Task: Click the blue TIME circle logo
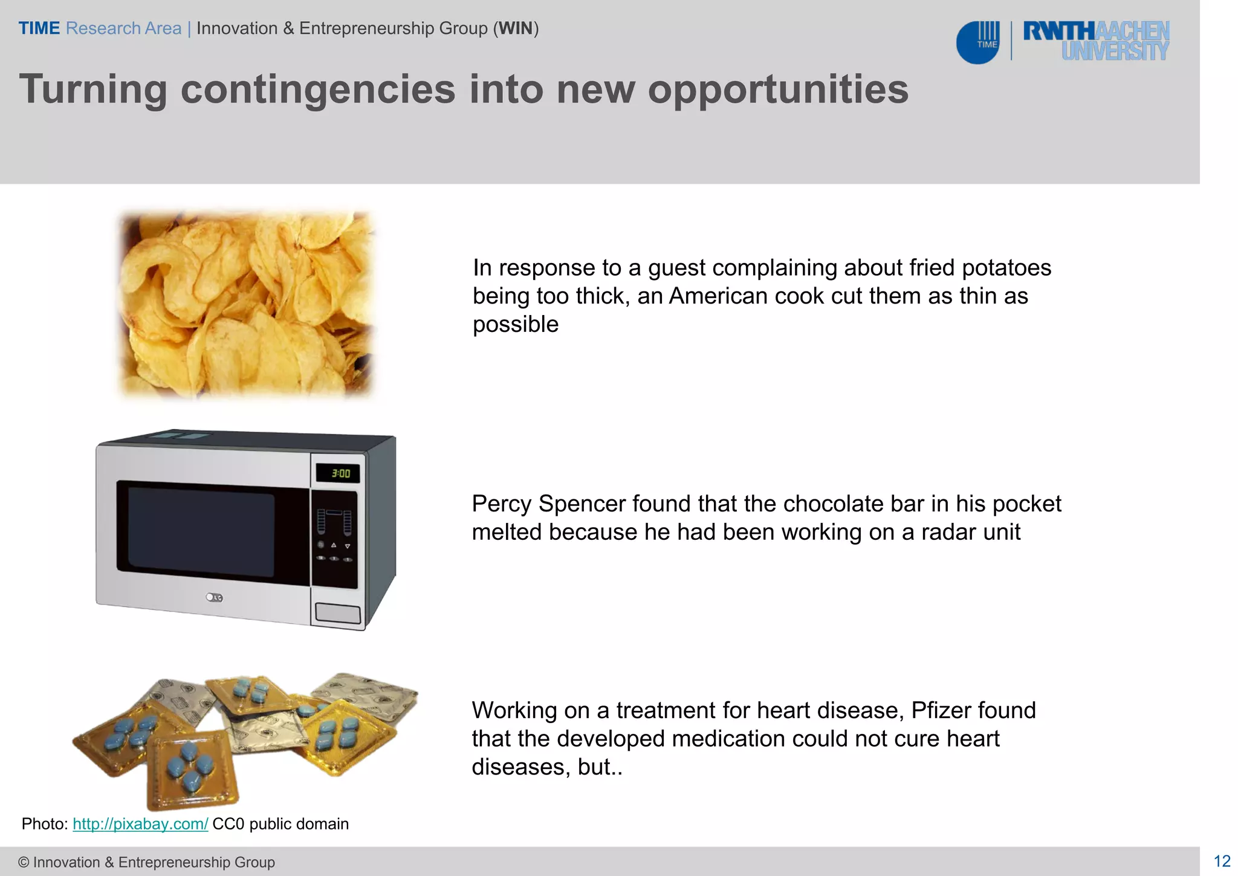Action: click(977, 42)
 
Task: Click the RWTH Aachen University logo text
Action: click(1095, 41)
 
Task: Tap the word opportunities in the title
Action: click(778, 89)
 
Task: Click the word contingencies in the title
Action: click(317, 89)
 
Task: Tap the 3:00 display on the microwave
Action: click(341, 473)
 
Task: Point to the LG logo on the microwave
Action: click(214, 597)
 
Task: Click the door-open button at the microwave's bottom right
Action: click(338, 613)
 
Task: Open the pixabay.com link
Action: click(140, 824)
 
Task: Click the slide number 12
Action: click(1222, 861)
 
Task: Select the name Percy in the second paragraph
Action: click(501, 504)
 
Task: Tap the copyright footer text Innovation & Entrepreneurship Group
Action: click(154, 862)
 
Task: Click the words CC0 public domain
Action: click(280, 824)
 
